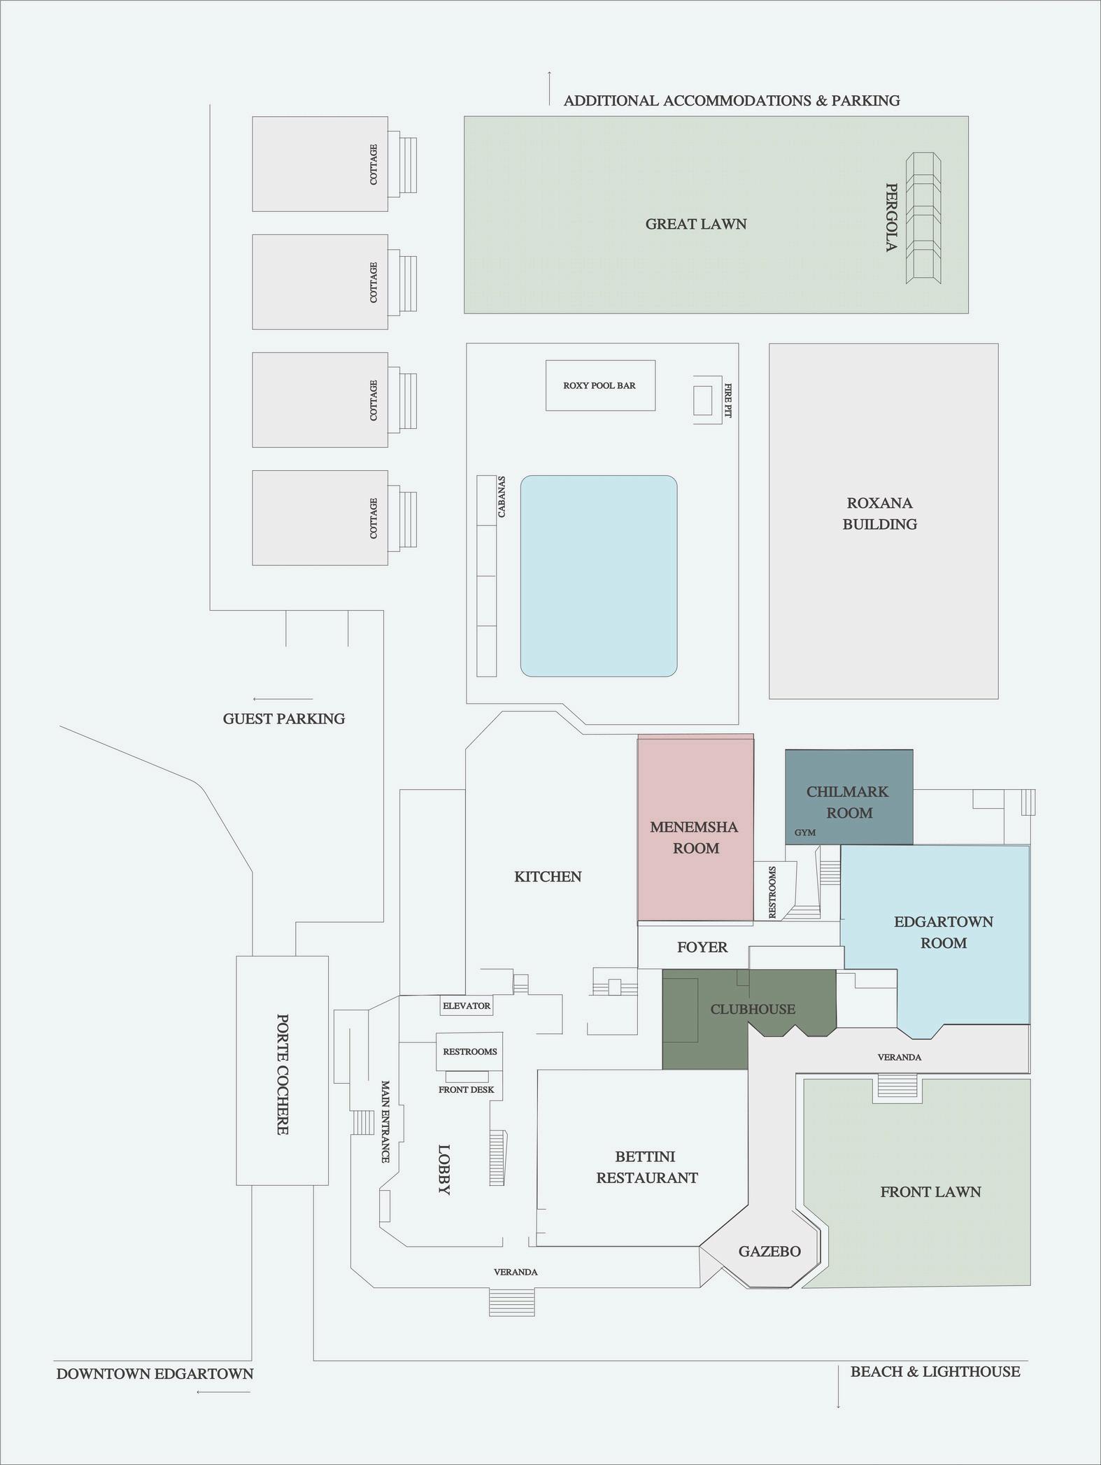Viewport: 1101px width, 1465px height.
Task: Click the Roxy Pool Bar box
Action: (x=600, y=385)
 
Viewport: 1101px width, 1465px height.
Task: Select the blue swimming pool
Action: (x=598, y=576)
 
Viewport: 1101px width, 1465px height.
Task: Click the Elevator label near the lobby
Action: (x=467, y=1006)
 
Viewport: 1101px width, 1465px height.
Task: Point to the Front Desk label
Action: (x=466, y=1089)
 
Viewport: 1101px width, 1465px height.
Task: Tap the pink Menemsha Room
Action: (x=695, y=837)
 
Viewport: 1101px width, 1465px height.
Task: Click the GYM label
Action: (x=805, y=833)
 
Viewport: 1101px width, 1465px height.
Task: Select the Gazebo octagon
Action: (x=769, y=1251)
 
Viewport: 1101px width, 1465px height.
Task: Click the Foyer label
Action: (x=702, y=947)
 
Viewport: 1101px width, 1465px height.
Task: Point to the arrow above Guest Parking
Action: (x=283, y=699)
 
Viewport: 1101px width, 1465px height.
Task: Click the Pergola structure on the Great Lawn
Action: (x=923, y=218)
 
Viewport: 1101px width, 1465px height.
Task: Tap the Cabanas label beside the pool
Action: (x=502, y=497)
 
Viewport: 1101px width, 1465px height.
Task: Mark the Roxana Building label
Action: (x=879, y=513)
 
